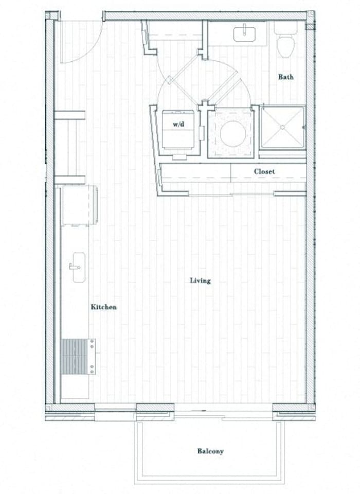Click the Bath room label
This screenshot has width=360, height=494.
[286, 77]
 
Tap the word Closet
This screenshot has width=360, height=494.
[264, 171]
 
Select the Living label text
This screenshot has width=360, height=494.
[200, 280]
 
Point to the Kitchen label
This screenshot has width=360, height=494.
[104, 307]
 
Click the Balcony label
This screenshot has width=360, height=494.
[210, 451]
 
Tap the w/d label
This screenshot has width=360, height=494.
[178, 124]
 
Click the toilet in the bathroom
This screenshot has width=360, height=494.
[285, 44]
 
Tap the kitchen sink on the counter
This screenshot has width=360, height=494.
[78, 267]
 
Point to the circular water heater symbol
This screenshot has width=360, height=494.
[231, 132]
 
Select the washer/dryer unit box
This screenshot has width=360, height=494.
[178, 130]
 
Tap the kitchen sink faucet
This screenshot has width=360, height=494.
[72, 267]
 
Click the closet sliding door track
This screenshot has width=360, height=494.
[231, 194]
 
